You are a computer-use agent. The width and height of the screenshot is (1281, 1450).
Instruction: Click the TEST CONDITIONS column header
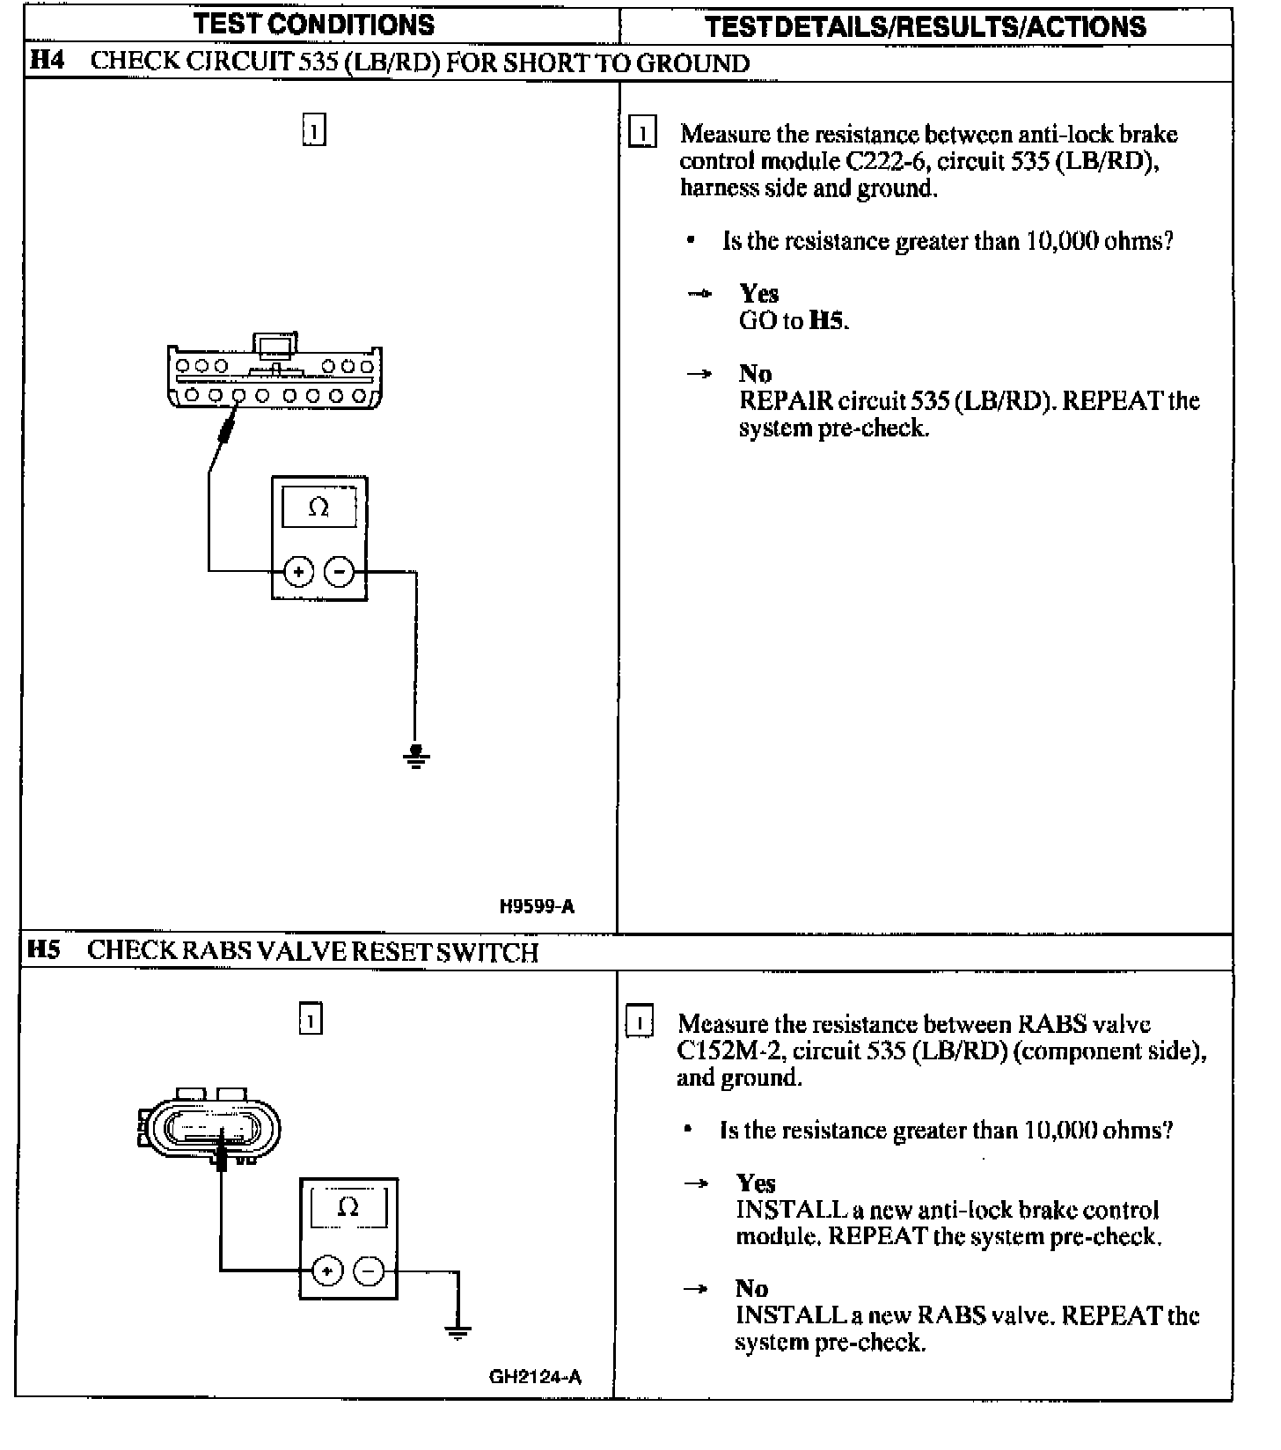[x=314, y=24]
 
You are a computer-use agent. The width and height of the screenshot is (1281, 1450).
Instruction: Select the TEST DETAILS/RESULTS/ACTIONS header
[x=926, y=26]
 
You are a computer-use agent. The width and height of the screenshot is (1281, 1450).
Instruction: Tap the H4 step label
[x=47, y=62]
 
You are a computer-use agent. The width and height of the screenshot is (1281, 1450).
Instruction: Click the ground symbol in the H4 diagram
[x=416, y=756]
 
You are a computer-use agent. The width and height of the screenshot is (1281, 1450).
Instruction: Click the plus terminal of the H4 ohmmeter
[x=298, y=572]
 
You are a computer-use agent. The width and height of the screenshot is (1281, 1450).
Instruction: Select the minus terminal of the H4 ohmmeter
[x=340, y=572]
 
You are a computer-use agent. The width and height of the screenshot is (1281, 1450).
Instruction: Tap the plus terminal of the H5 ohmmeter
[x=326, y=1271]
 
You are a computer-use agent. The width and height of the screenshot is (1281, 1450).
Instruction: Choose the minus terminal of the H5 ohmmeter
[x=369, y=1271]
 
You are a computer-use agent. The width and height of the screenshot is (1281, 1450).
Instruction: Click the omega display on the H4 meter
[x=318, y=508]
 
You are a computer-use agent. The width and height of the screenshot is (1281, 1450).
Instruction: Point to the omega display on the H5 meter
[x=348, y=1206]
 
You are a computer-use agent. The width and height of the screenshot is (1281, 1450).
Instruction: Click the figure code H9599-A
[x=537, y=906]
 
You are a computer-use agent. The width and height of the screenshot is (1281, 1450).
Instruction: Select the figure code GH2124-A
[x=535, y=1377]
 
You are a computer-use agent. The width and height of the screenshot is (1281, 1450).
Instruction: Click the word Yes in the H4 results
[x=758, y=293]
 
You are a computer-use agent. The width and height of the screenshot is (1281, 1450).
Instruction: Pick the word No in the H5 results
[x=752, y=1288]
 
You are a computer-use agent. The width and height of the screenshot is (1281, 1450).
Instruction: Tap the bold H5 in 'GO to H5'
[x=827, y=320]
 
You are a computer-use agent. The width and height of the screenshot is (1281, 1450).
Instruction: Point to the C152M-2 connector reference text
[x=730, y=1051]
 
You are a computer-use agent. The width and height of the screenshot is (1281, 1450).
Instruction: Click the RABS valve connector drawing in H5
[x=211, y=1129]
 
